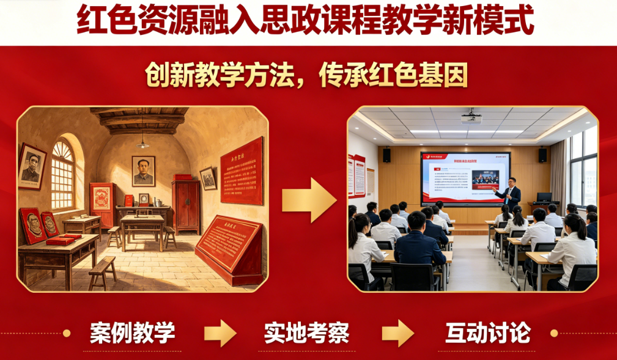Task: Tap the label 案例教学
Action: (132, 333)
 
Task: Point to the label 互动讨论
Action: (487, 333)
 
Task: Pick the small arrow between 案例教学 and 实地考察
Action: (220, 333)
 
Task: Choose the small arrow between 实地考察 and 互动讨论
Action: (397, 333)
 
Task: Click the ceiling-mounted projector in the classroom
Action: (471, 116)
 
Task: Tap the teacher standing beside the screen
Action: (509, 194)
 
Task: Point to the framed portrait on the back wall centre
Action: (143, 171)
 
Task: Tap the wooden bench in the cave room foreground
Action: (102, 271)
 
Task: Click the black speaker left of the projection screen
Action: (386, 155)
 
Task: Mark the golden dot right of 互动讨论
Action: (554, 333)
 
